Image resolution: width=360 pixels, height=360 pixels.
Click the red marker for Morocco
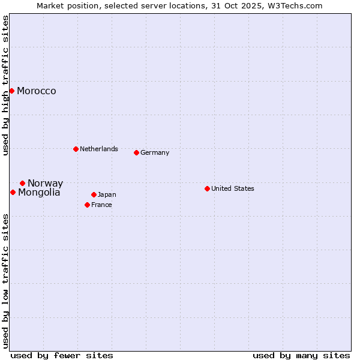pos(11,91)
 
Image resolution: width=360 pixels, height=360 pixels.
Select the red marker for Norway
pos(22,183)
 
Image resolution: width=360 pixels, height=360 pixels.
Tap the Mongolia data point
pos(13,192)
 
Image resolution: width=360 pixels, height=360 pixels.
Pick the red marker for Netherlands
pos(76,149)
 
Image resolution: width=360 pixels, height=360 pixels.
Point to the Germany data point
pos(136,152)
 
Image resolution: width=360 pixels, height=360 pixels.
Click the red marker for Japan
pos(94,194)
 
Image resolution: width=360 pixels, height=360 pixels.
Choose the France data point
pos(87,205)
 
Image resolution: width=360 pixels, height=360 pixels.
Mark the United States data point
pos(207,188)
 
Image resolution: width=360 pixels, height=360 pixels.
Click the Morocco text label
pos(37,91)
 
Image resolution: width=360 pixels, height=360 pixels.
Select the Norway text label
pos(45,184)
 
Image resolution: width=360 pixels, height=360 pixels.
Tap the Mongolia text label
pos(39,193)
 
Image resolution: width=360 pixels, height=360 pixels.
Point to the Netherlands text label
pos(99,149)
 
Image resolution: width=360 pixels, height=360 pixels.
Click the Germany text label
pos(155,153)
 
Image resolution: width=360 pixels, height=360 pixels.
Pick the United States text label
pos(233,188)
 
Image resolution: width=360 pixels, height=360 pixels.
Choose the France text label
pos(102,205)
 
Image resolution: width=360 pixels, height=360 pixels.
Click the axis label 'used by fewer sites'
pos(62,355)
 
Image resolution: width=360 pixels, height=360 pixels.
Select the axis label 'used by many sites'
pos(301,355)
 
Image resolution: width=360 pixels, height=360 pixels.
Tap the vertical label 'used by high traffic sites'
pos(5,85)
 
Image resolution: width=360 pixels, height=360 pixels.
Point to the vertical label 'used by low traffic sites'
pos(5,281)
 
